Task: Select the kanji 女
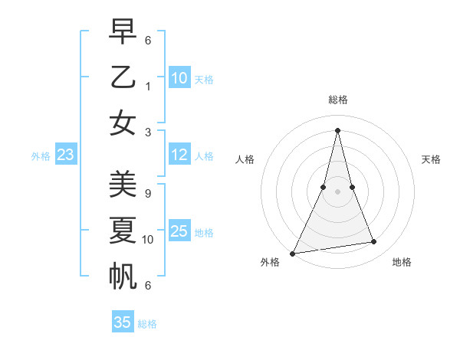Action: (123, 123)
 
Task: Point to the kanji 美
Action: (123, 185)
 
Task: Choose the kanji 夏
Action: (123, 230)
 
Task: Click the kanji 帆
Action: (123, 277)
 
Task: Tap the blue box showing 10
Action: (179, 77)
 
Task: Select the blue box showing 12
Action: (179, 155)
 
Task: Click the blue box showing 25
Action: (179, 231)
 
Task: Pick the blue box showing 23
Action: (66, 155)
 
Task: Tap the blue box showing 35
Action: (123, 322)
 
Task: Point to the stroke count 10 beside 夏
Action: (148, 240)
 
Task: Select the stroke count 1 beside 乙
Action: (148, 86)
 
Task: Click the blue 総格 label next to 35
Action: (147, 324)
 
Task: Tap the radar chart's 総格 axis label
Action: (337, 100)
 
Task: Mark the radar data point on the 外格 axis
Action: (292, 253)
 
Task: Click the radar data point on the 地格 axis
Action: (374, 242)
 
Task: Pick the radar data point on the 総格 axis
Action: (337, 129)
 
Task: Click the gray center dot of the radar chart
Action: (337, 191)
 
